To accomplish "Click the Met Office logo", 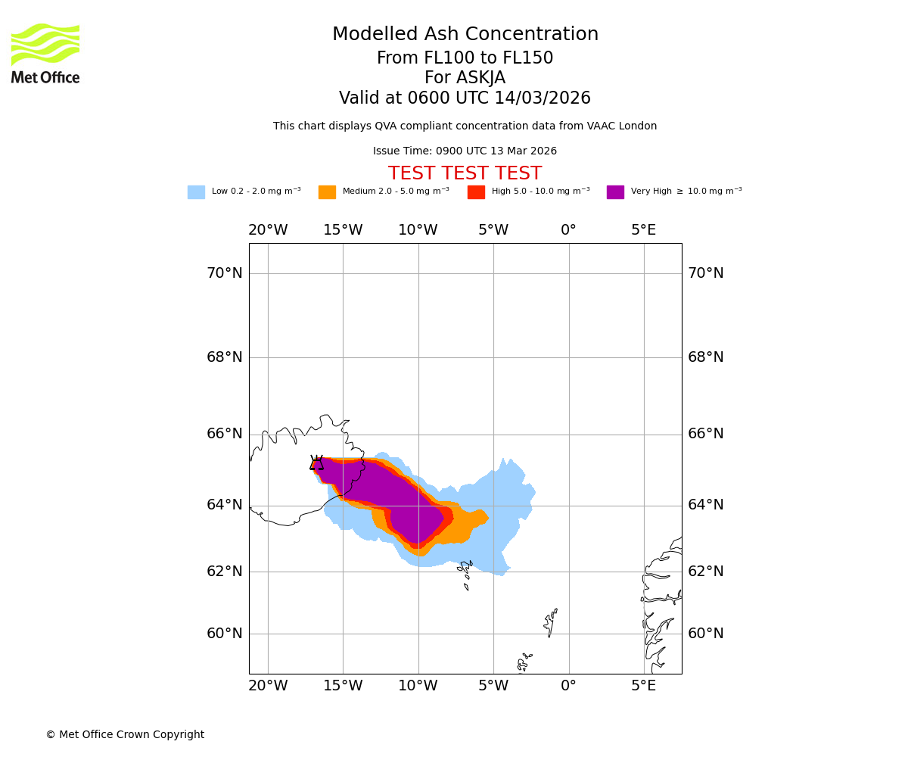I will (45, 53).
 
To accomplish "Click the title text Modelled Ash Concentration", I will (465, 35).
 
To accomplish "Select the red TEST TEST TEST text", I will (465, 174).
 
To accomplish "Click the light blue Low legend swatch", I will (196, 192).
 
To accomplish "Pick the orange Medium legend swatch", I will (327, 192).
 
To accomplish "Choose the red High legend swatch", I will (476, 192).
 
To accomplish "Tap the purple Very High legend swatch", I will (615, 192).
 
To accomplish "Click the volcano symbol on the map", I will (316, 463).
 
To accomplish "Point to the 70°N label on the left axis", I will (225, 273).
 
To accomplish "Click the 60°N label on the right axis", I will (705, 634).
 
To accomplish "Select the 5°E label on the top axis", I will (644, 230).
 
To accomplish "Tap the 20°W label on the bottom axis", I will (268, 686).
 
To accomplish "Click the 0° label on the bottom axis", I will (568, 686).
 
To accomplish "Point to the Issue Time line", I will (465, 151).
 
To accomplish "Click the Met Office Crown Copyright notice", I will (125, 735).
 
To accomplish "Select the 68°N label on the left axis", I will (225, 357).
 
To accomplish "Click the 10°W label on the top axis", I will (418, 230).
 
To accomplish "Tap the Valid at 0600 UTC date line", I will (465, 98).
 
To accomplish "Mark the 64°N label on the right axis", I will (705, 505).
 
